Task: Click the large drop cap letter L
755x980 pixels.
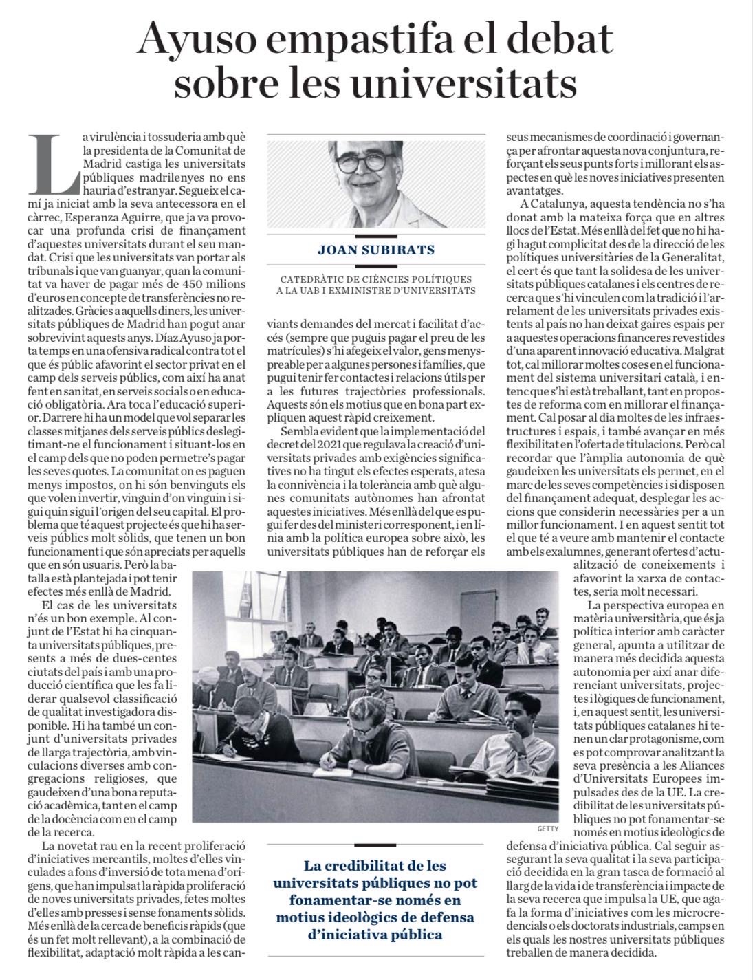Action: [x=54, y=162]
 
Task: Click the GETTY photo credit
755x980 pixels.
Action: [x=548, y=829]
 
